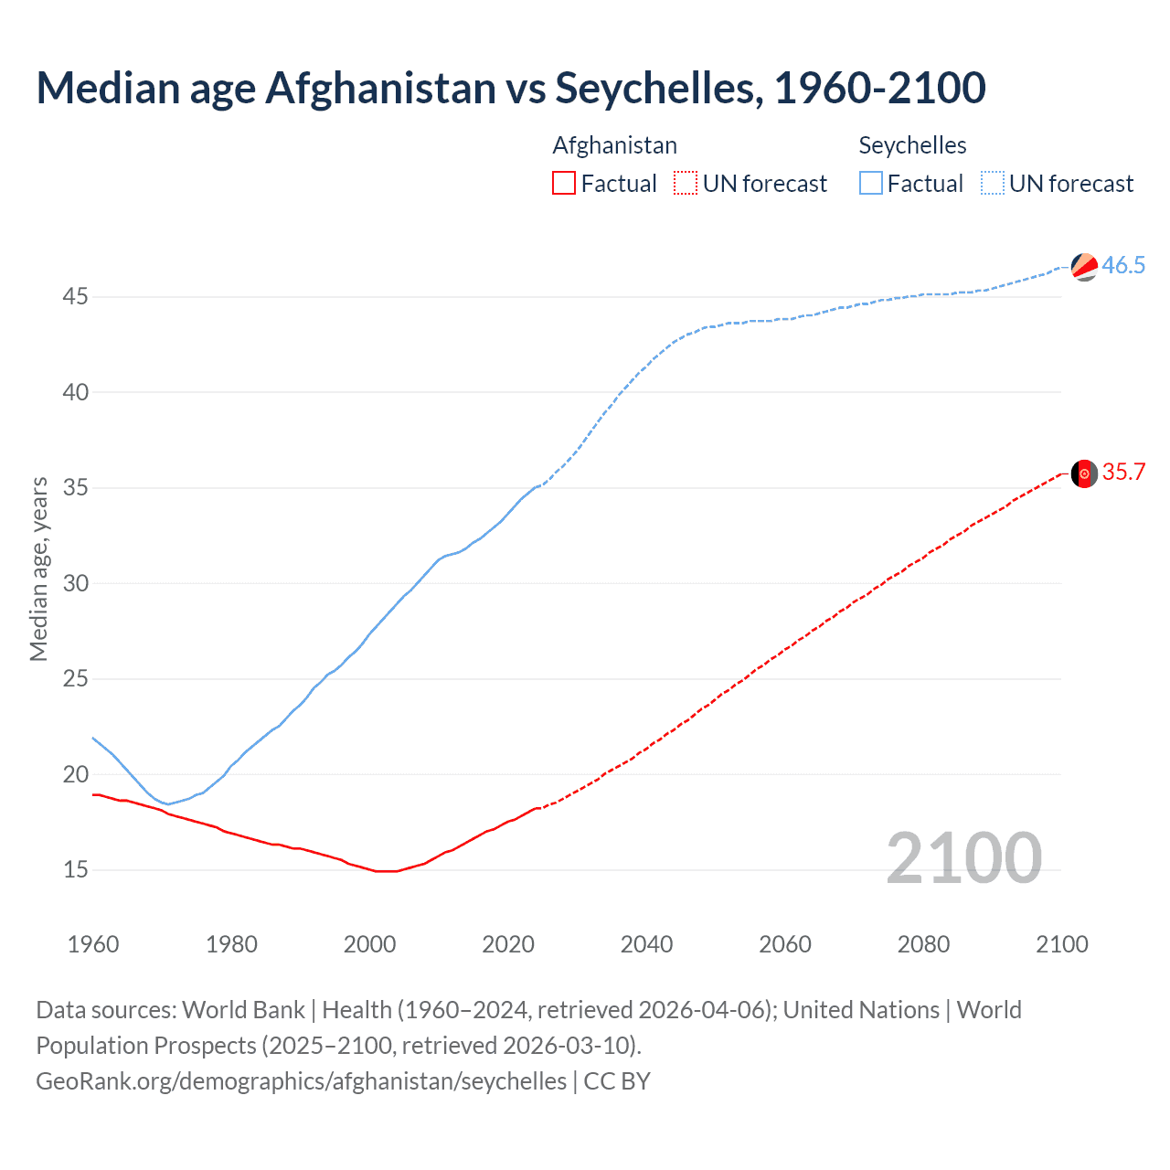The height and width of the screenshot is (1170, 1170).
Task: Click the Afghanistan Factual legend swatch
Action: [x=564, y=183]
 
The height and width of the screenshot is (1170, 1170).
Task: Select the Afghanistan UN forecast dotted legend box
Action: [x=686, y=183]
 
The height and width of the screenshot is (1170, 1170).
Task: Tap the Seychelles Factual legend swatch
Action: [x=870, y=183]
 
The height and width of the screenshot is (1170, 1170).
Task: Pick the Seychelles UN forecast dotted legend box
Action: [x=992, y=183]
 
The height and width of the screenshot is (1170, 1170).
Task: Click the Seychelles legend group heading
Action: [x=912, y=145]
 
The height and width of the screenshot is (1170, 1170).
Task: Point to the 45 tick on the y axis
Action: [x=76, y=297]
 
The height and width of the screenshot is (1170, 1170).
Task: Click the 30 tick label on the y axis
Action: [x=76, y=583]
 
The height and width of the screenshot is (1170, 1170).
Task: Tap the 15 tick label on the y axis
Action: [x=76, y=869]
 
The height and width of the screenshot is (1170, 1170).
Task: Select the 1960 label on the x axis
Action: [x=93, y=944]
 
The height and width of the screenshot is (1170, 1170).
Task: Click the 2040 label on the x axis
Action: [x=646, y=944]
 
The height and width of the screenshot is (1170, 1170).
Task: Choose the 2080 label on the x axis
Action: [x=923, y=944]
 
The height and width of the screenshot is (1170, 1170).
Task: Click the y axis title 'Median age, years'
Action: [x=38, y=569]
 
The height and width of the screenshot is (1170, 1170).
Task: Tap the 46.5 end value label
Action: [x=1123, y=265]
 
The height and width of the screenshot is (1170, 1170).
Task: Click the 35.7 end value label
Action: [x=1123, y=472]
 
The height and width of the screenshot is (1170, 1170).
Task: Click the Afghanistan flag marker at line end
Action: [x=1084, y=473]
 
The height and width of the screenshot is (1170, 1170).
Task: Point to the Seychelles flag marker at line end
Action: [x=1084, y=267]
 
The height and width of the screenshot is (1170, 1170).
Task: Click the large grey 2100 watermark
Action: [x=963, y=857]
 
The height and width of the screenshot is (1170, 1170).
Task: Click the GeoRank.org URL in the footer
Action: [x=301, y=1080]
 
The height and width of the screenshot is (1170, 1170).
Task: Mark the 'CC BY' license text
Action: [x=617, y=1080]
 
